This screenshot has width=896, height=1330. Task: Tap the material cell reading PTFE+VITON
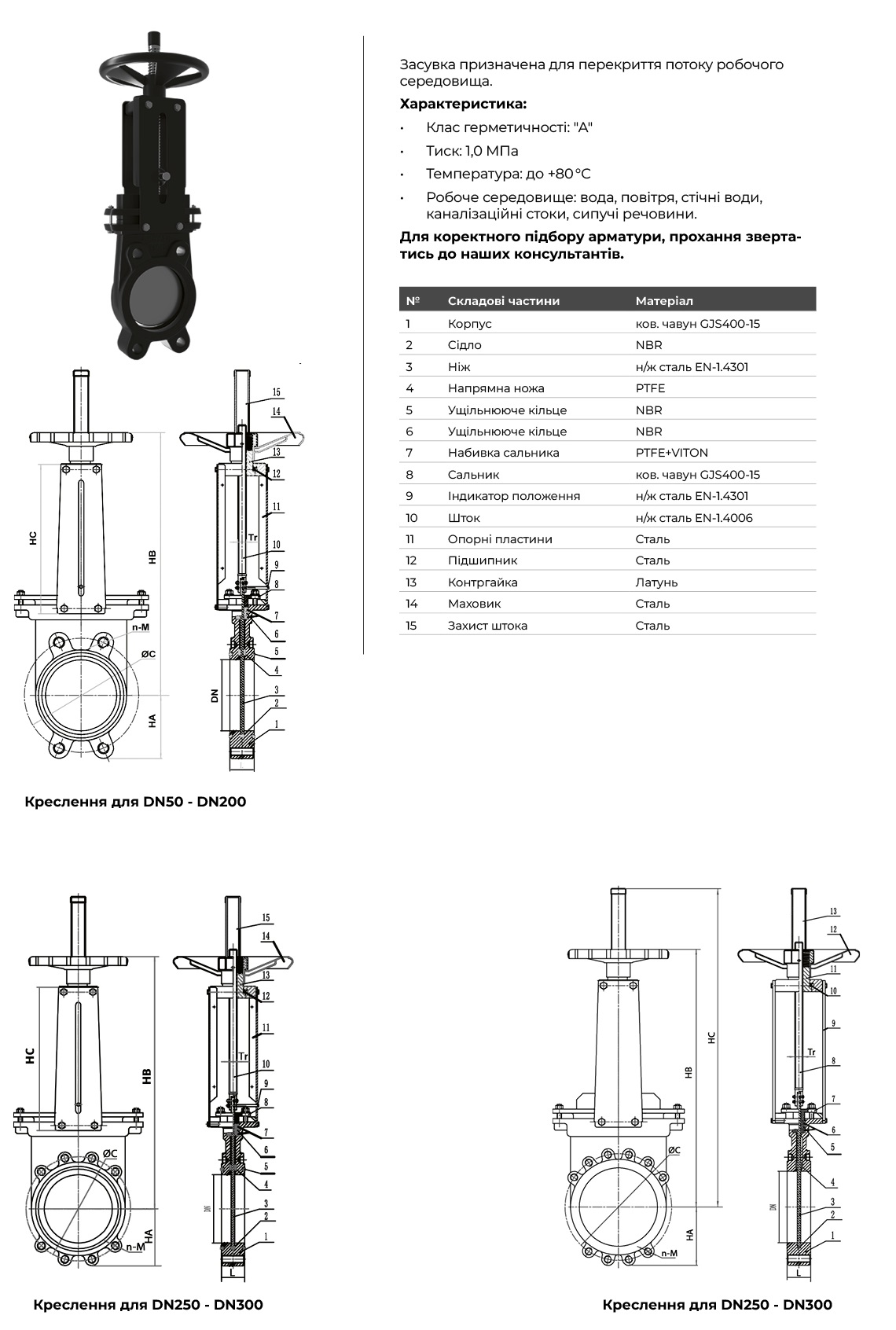coord(671,453)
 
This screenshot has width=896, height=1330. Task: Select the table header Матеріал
coord(664,301)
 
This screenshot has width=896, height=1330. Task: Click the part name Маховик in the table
coord(474,604)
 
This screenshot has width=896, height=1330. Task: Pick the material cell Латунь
coord(656,582)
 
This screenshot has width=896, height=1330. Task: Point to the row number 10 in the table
coord(412,518)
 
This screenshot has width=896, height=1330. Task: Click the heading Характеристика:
coord(463,104)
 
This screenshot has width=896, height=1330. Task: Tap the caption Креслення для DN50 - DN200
coord(135,802)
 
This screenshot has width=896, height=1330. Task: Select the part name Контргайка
coord(483,582)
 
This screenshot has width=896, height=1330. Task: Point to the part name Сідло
coord(465,345)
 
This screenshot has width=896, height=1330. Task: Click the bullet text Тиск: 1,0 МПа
coord(472,151)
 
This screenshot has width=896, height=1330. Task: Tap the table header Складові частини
coord(503,301)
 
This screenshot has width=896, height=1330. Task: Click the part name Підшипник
coord(482,560)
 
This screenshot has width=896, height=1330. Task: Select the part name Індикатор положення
coord(513,496)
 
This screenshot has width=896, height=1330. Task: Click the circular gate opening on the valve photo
coord(157,295)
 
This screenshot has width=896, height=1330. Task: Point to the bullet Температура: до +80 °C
coord(508,174)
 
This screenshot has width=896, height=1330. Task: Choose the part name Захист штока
coord(487,626)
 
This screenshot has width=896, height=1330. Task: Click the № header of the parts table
coord(413,301)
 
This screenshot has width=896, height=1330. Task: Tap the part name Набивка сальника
coord(503,453)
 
